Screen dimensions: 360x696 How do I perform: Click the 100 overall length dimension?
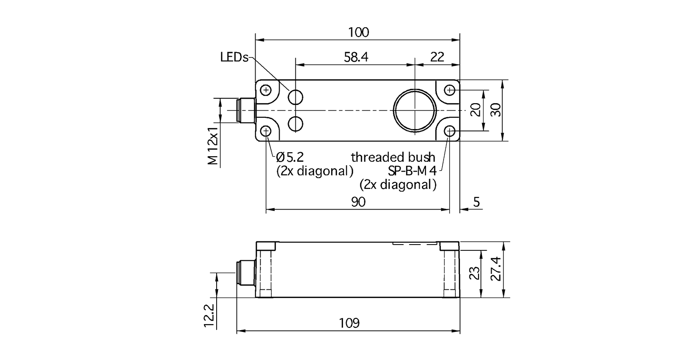click(x=358, y=32)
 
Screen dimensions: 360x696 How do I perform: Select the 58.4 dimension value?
click(x=357, y=57)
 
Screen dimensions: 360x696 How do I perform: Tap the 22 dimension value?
click(x=437, y=57)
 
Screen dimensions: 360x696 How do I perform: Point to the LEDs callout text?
click(x=234, y=58)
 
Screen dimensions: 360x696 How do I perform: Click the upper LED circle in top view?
click(x=296, y=96)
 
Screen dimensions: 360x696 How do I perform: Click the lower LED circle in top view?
click(x=296, y=123)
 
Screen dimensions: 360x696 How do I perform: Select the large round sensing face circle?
click(x=415, y=110)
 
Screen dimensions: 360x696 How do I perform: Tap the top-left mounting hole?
click(x=266, y=90)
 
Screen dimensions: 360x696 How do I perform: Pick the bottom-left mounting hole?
click(x=266, y=131)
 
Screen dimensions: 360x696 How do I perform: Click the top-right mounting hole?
click(x=449, y=90)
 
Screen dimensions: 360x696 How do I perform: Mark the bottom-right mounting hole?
click(x=449, y=131)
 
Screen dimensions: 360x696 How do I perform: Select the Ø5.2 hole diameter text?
click(x=290, y=158)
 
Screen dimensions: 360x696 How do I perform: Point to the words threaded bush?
click(x=393, y=158)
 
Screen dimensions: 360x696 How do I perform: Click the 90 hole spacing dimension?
click(x=358, y=202)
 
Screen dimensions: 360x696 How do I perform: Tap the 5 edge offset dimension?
click(x=476, y=202)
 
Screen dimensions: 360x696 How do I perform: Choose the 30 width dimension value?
click(x=498, y=110)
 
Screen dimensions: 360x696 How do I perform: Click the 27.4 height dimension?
click(x=498, y=269)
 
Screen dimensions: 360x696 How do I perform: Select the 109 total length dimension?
click(x=349, y=323)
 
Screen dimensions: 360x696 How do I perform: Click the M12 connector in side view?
click(x=246, y=273)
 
